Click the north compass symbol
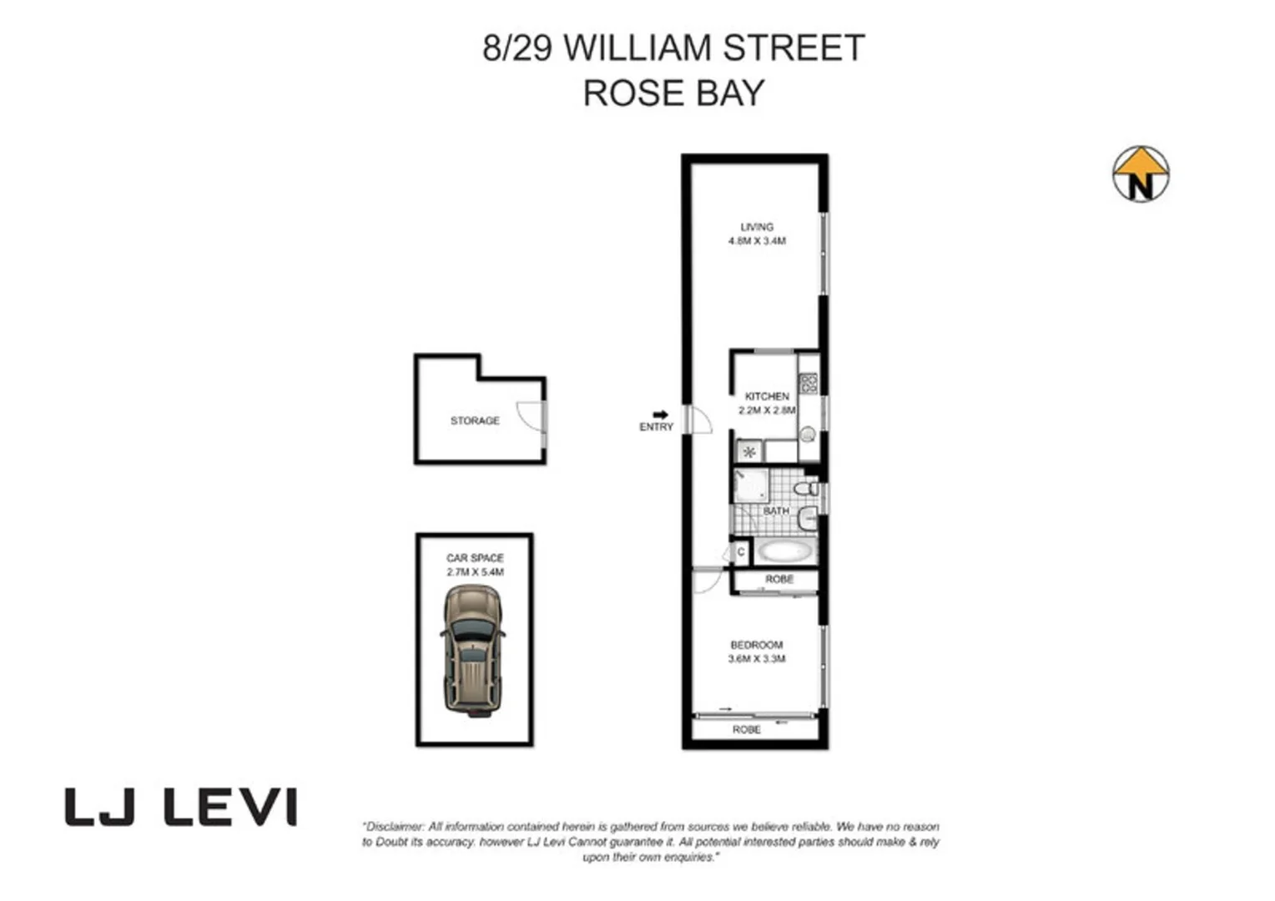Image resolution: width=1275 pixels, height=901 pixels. click(1140, 174)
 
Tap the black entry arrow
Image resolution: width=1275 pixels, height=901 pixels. click(660, 415)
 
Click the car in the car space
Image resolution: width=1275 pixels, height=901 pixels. click(473, 651)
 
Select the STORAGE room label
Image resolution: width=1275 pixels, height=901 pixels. click(475, 420)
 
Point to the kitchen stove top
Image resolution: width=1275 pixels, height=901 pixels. click(808, 384)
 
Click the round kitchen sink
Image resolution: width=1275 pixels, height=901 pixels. click(808, 435)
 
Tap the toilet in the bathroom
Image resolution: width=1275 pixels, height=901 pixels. click(806, 488)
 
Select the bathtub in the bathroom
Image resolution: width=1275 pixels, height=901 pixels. click(785, 551)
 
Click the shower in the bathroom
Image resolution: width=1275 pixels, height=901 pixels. click(750, 486)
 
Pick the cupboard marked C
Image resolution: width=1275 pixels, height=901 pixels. click(741, 552)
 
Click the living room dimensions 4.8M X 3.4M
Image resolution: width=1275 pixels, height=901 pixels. click(757, 241)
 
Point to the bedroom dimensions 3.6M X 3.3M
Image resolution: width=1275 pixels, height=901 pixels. click(757, 659)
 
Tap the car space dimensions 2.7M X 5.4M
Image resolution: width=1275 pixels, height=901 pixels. click(475, 572)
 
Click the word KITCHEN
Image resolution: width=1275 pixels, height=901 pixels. click(767, 396)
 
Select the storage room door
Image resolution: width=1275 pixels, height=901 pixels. click(531, 415)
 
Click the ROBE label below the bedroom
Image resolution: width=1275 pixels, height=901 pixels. click(747, 730)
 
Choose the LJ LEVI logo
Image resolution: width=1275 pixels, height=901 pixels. click(181, 808)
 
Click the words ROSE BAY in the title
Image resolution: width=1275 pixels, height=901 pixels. click(673, 93)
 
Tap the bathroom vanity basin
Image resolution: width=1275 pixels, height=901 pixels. click(807, 519)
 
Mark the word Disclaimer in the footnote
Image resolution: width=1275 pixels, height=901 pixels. click(395, 827)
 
